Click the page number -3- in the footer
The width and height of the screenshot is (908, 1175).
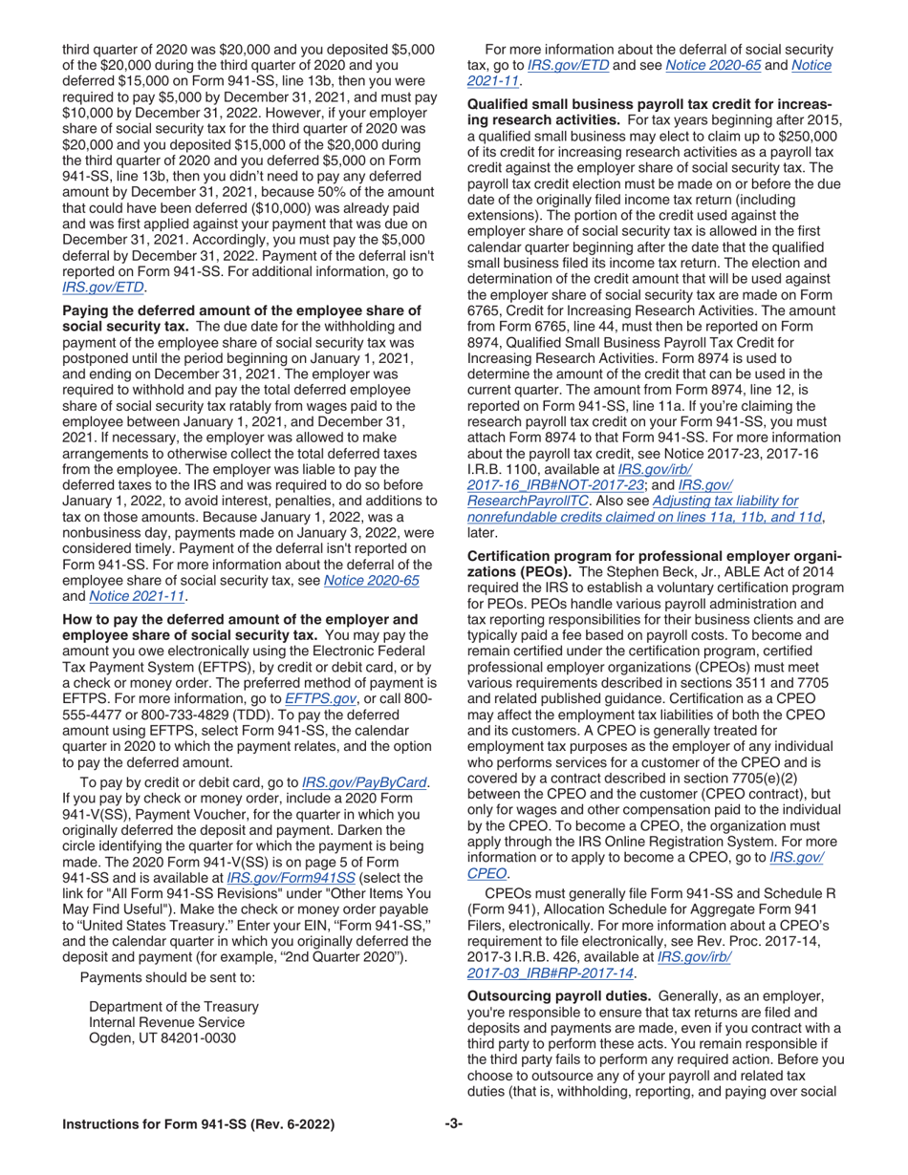453,1124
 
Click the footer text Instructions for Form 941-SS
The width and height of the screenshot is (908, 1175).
198,1125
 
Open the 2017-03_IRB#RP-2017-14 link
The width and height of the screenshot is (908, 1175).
550,972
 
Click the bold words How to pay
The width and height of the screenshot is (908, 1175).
103,618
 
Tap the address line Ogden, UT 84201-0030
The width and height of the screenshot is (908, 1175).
162,1038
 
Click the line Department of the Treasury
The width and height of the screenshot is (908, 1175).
173,1006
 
